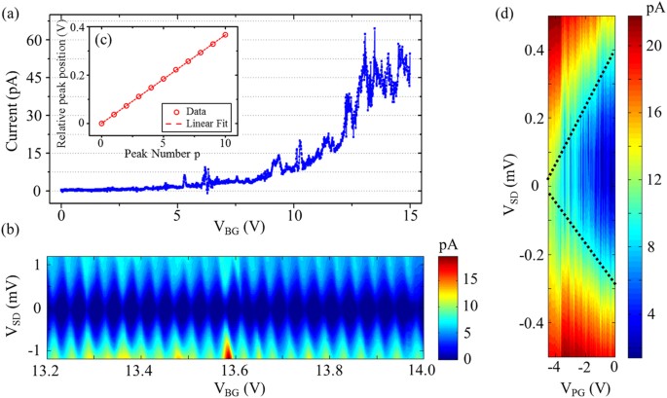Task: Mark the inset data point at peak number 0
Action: tap(100, 124)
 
